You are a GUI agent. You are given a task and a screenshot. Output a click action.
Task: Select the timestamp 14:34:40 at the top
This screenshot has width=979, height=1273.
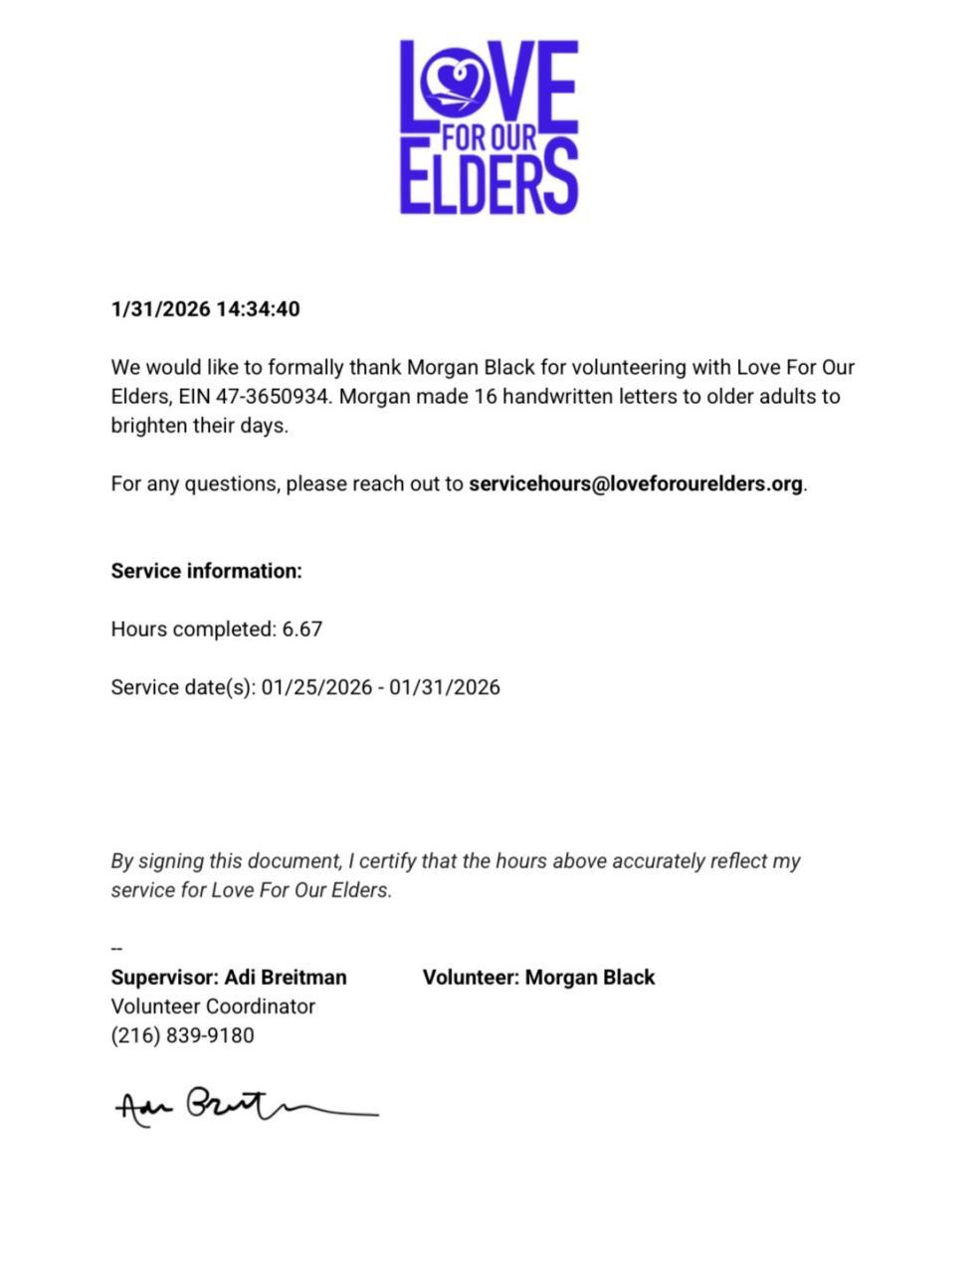[x=258, y=309]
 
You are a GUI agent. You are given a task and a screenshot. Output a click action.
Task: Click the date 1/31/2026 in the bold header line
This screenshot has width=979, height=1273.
[x=160, y=309]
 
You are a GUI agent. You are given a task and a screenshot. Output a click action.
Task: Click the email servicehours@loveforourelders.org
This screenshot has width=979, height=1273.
[x=635, y=484]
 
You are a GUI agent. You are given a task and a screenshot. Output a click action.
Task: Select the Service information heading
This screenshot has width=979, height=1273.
[x=206, y=571]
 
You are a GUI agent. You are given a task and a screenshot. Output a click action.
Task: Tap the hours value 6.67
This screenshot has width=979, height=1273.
[x=302, y=630]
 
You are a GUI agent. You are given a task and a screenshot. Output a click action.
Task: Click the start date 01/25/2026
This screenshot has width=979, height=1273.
[x=316, y=687]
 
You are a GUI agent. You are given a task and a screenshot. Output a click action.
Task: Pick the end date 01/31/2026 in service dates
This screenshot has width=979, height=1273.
[x=445, y=687]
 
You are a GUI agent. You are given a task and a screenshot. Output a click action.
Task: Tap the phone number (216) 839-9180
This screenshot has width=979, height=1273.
[x=182, y=1035]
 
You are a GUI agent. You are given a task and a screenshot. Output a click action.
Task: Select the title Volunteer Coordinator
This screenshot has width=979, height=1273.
[x=213, y=1006]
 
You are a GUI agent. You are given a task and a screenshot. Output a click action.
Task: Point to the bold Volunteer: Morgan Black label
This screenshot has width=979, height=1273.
[x=538, y=978]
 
